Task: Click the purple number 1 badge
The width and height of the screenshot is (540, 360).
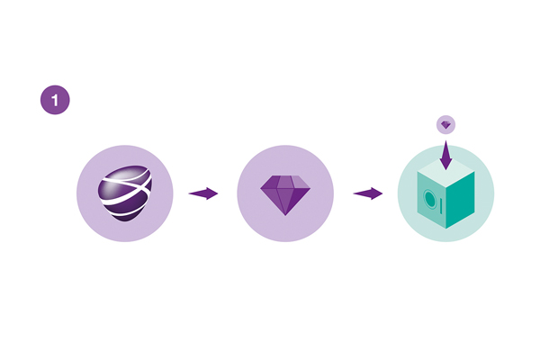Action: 55,100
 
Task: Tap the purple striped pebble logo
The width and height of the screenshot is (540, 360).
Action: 125,193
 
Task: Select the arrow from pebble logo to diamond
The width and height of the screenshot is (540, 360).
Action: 203,193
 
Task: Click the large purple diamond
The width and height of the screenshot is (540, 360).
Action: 285,195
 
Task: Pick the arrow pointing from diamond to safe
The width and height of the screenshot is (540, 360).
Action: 368,193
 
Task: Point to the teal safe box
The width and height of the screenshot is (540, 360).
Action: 446,194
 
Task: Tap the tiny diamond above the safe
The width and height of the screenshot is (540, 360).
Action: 446,125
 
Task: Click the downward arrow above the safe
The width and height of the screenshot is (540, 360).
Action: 446,155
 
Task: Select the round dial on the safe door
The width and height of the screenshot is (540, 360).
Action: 430,199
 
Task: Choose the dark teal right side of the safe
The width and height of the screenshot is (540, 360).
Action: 461,200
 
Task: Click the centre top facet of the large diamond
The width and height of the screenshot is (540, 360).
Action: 284,182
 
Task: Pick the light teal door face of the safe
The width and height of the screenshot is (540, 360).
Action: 431,200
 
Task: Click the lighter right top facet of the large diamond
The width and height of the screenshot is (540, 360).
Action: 300,182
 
